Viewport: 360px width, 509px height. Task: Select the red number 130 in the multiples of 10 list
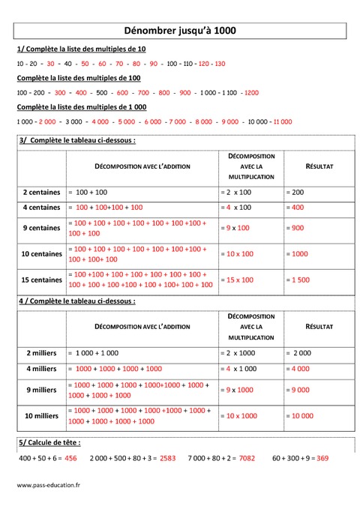(219, 64)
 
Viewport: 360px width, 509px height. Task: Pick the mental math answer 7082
(247, 457)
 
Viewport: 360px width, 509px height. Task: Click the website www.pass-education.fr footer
(49, 486)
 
